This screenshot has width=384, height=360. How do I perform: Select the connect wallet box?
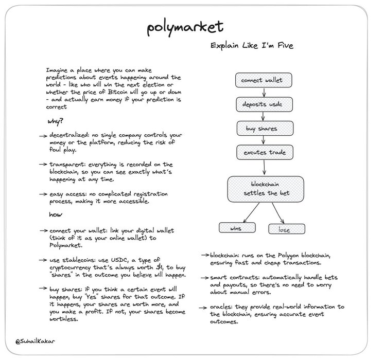click(263, 80)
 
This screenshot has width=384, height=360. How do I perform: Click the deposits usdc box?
click(263, 104)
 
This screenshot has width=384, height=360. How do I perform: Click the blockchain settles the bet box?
click(263, 188)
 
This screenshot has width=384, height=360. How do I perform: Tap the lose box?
click(287, 229)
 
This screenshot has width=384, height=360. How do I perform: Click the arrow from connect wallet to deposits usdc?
click(263, 93)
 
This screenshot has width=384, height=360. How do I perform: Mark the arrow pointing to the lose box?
click(278, 213)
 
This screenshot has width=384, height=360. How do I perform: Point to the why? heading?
click(56, 122)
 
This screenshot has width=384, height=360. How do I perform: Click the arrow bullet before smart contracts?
click(204, 278)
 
